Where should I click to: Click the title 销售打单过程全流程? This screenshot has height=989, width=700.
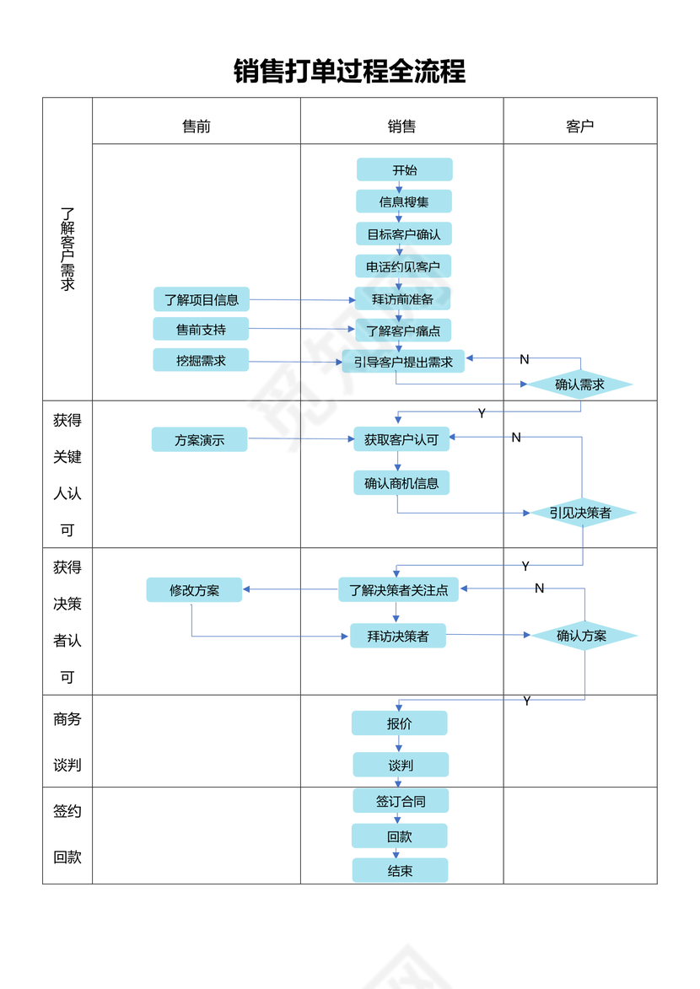[349, 71]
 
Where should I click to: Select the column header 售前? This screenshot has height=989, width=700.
[197, 126]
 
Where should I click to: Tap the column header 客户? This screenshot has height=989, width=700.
[580, 126]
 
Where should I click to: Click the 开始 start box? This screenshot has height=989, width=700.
[405, 169]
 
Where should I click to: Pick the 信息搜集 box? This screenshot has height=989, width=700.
[404, 202]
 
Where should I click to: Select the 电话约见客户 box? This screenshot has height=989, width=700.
[403, 266]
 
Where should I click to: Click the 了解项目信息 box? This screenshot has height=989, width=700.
[202, 299]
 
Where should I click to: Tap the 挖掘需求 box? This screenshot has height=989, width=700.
[201, 360]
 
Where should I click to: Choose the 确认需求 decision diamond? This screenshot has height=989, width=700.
[580, 384]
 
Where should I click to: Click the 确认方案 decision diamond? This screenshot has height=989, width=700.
[582, 636]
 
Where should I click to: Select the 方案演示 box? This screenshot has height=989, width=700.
[200, 439]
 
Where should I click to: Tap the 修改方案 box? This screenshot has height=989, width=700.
[194, 590]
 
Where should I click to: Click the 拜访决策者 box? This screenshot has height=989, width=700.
[398, 636]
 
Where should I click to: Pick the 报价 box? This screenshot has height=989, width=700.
[400, 723]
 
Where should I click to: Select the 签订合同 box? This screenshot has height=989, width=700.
[401, 801]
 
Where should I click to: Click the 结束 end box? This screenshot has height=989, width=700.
[400, 871]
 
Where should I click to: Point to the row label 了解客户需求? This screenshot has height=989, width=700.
[67, 250]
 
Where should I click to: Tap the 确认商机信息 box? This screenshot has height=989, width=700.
[401, 483]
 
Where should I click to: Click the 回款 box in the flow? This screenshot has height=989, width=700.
[400, 836]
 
